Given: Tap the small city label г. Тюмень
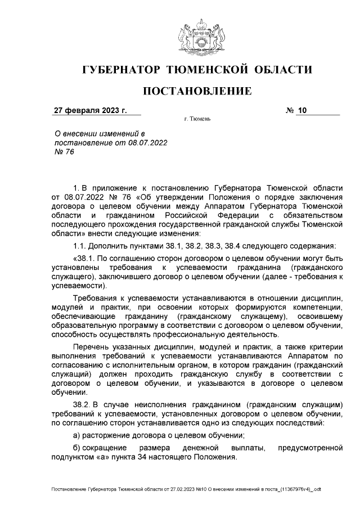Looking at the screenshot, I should pyautogui.click(x=197, y=120).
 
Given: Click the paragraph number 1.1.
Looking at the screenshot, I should pyautogui.click(x=80, y=245).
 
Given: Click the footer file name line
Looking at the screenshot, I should pyautogui.click(x=186, y=490).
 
